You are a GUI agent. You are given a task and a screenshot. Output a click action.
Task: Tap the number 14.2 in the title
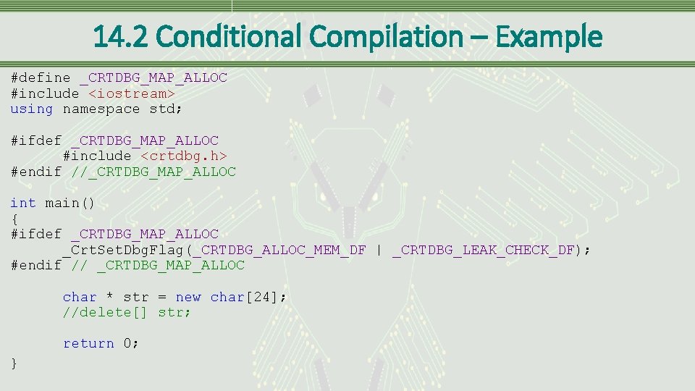[120, 35]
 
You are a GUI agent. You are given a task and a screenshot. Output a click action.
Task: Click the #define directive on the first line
[41, 77]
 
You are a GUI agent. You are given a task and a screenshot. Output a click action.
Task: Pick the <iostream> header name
[132, 93]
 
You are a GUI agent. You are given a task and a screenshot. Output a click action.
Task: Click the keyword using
[32, 109]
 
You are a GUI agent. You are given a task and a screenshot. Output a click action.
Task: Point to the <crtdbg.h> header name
[184, 156]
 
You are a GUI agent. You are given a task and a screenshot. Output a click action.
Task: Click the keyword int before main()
[23, 203]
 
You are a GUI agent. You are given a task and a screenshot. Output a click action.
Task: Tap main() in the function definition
[70, 203]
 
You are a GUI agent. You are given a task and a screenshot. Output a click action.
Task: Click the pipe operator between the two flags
[379, 250]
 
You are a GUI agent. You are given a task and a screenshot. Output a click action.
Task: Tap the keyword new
[188, 297]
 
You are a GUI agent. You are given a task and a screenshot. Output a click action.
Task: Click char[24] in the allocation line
[246, 297]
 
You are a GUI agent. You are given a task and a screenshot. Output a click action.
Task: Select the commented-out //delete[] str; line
[127, 313]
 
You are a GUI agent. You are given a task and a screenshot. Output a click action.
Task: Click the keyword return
[88, 344]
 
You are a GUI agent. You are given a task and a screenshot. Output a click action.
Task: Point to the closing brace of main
[14, 363]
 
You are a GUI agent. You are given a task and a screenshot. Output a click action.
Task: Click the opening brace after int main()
[14, 219]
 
